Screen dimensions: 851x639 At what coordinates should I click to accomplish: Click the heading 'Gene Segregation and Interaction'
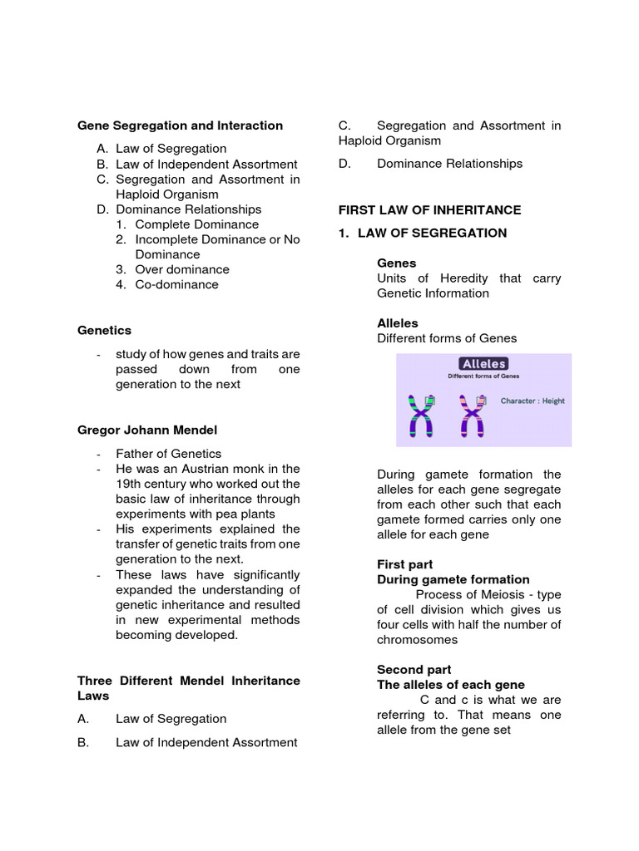[180, 125]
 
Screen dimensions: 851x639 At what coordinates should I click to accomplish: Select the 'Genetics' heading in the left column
[104, 330]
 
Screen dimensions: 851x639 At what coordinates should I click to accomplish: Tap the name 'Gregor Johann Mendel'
[146, 430]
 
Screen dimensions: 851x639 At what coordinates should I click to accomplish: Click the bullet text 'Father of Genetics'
[168, 454]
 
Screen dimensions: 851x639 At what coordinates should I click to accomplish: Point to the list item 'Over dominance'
[182, 269]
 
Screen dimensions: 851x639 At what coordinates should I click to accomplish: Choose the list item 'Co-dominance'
[176, 284]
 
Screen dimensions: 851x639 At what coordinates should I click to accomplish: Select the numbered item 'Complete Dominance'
[196, 224]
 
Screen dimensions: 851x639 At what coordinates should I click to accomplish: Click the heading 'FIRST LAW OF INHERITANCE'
[429, 210]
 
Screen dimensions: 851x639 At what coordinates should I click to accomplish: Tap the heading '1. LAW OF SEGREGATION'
[422, 233]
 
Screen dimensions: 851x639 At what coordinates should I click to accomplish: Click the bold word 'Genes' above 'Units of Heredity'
[396, 263]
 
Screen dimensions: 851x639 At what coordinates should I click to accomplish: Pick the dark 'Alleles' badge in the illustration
[483, 364]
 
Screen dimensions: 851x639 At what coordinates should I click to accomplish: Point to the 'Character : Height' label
[532, 401]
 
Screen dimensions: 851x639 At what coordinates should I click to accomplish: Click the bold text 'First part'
[404, 564]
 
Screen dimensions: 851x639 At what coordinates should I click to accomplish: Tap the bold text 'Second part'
[414, 670]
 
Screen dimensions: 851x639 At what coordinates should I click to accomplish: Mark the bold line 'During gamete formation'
[453, 579]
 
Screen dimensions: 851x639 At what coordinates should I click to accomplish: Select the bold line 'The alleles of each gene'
[450, 685]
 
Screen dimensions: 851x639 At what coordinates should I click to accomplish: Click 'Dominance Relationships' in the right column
[449, 164]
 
